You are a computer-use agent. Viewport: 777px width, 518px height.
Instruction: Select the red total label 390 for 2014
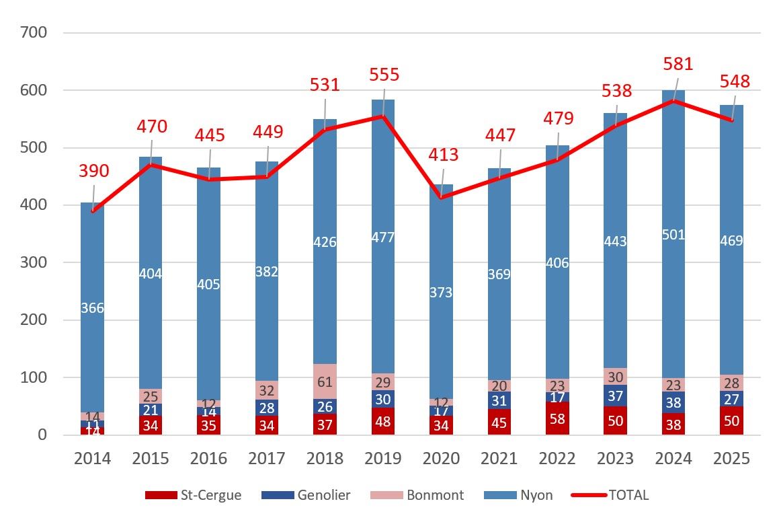(x=94, y=171)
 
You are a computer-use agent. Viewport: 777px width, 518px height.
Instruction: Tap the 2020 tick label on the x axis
(x=442, y=459)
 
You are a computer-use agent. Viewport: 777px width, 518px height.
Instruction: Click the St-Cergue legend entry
(x=194, y=495)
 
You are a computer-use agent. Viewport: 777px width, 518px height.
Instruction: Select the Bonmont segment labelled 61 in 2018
(x=325, y=381)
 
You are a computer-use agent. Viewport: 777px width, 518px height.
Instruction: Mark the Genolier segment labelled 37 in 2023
(x=617, y=395)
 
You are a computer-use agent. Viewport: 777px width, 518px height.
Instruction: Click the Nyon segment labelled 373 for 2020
(x=442, y=292)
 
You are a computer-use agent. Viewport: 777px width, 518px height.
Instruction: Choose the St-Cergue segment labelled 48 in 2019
(x=384, y=422)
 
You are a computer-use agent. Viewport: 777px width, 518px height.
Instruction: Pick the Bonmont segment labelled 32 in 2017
(x=268, y=390)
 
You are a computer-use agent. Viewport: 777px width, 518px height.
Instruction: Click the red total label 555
(x=384, y=74)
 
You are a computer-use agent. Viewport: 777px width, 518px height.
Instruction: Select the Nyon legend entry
(x=520, y=495)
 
